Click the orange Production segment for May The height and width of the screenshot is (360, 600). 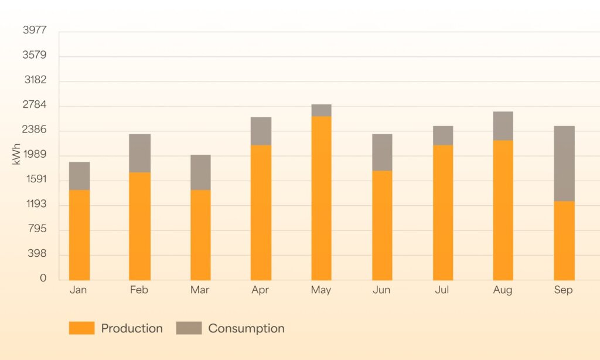point(321,198)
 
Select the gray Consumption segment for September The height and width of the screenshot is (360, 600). point(564,164)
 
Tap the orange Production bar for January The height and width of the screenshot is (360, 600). point(79,235)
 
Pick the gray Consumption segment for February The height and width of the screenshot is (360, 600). point(139,153)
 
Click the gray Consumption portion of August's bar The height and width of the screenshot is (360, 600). point(503,126)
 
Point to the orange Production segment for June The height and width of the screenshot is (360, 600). point(382,225)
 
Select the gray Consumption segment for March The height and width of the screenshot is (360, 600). point(200,172)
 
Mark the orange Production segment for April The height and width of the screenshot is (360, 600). point(261,212)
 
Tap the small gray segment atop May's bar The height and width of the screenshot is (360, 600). point(321,110)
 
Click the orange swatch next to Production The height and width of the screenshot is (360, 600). point(81,328)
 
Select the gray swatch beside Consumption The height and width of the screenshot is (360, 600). point(189,328)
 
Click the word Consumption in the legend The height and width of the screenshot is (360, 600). point(246,328)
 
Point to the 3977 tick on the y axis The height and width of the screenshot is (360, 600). point(35,30)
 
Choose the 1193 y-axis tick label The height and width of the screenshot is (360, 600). point(35,205)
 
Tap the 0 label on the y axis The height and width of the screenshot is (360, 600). point(43,279)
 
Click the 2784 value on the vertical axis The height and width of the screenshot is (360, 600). point(35,105)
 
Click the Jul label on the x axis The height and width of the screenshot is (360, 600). point(442,290)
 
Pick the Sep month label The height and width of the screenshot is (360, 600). point(564,290)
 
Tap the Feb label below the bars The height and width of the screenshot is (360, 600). point(139,290)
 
